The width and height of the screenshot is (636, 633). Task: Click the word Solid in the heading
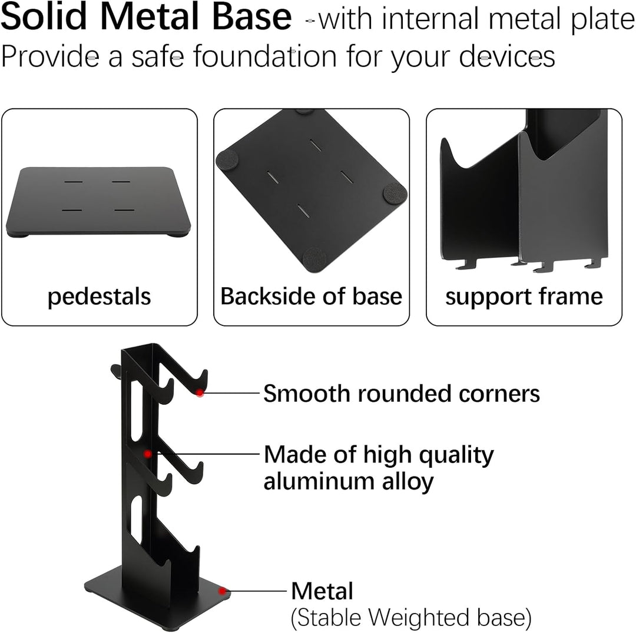click(44, 16)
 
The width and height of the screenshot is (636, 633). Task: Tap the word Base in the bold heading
click(251, 16)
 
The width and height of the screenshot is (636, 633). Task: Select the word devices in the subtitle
click(507, 56)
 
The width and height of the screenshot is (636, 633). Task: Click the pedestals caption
click(100, 296)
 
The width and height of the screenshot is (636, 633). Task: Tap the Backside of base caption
click(311, 296)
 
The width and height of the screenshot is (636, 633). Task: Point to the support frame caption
click(524, 296)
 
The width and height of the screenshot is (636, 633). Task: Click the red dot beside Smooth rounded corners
click(200, 393)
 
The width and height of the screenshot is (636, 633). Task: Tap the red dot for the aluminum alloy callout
click(148, 454)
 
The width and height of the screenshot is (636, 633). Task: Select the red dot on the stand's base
click(222, 591)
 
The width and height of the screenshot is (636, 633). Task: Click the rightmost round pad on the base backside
click(395, 193)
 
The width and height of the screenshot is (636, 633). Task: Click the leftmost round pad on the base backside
click(227, 159)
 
